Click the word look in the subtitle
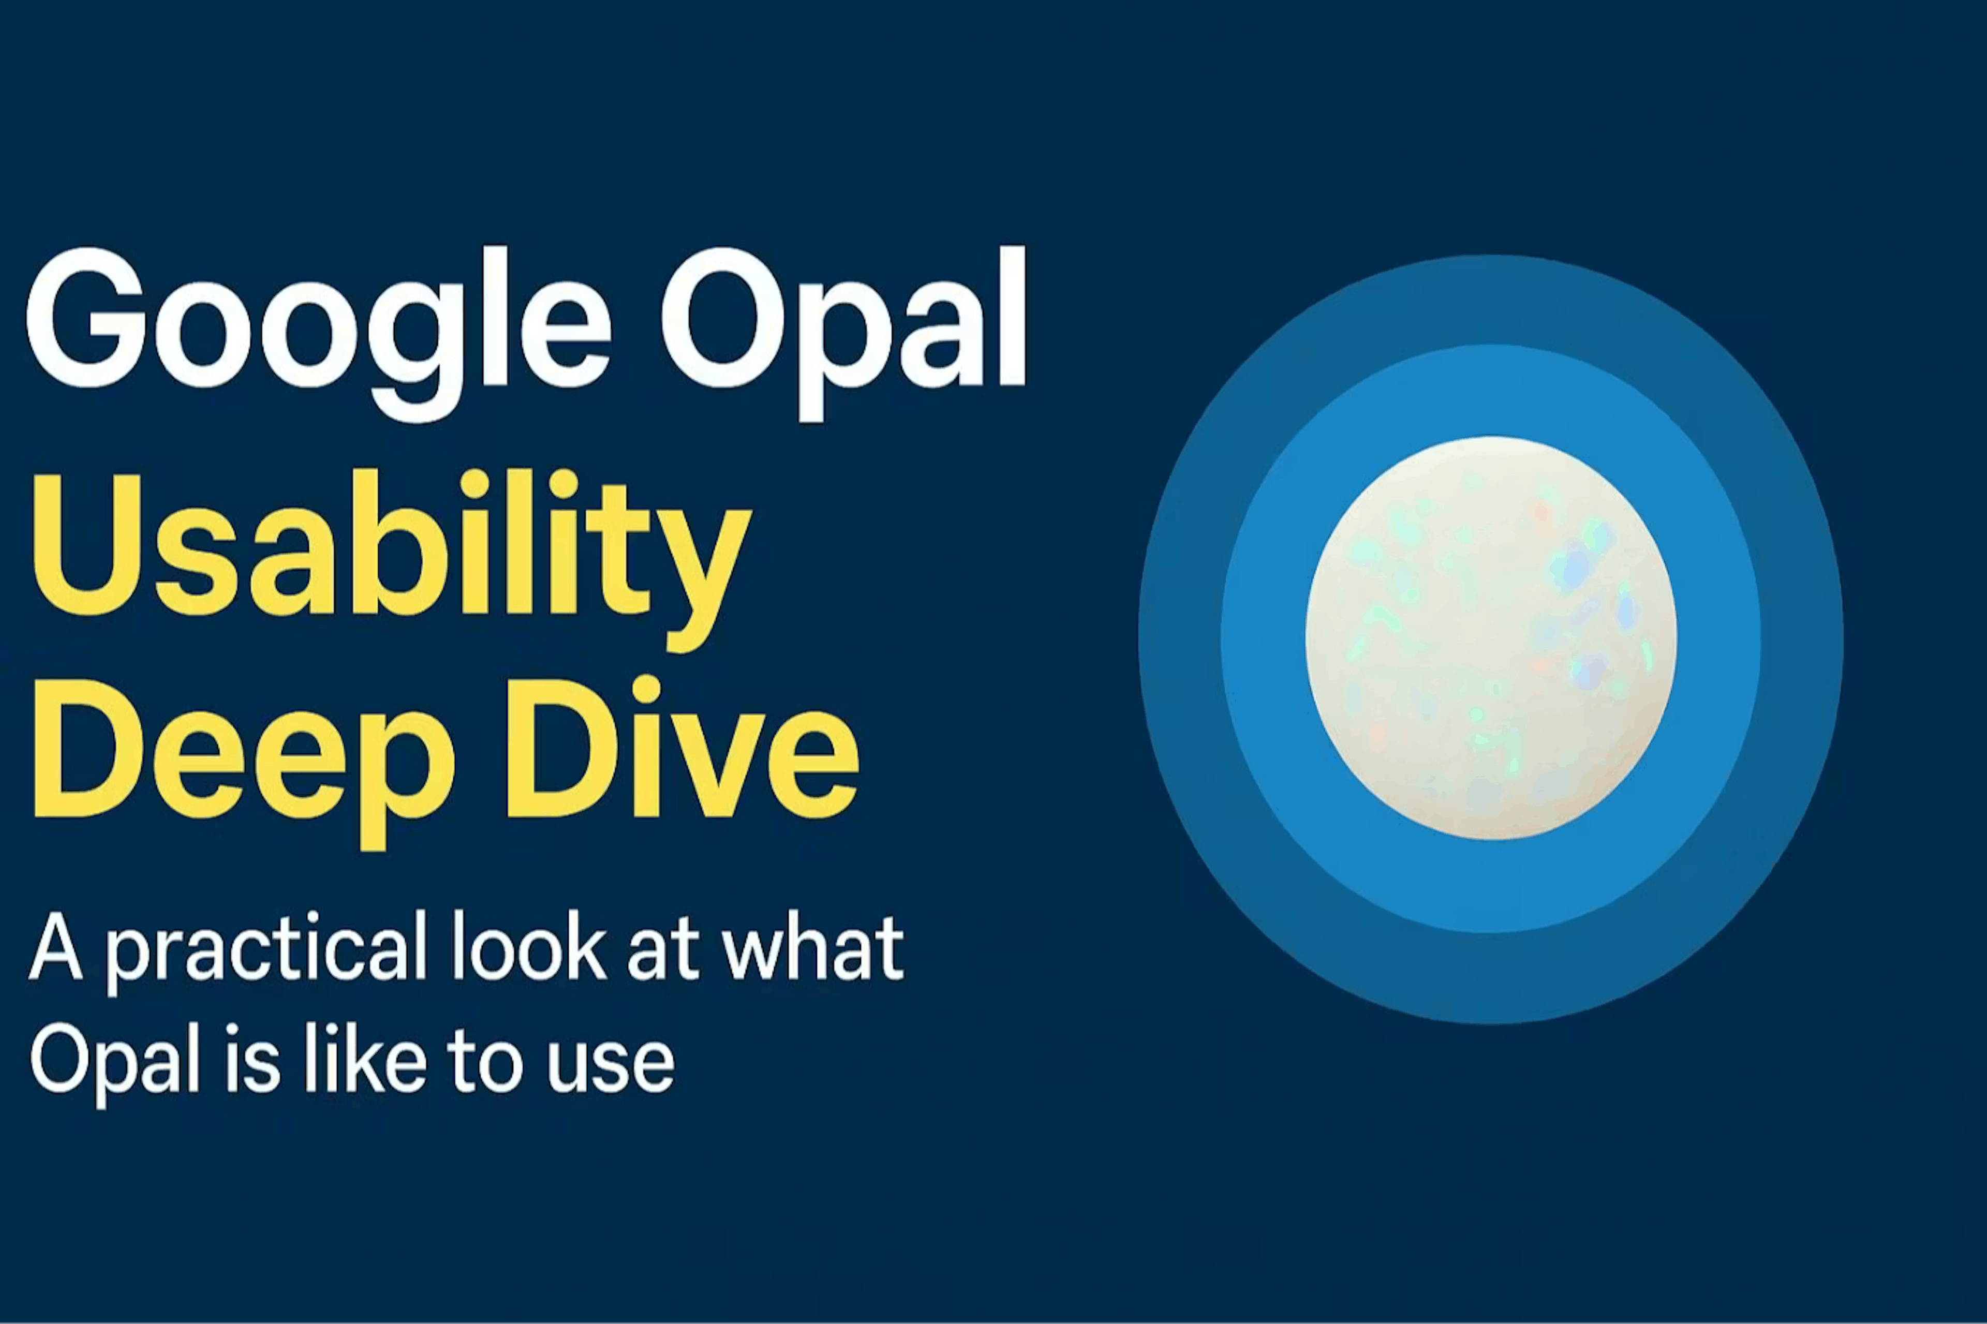tap(528, 946)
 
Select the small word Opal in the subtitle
tap(114, 1062)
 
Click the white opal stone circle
tap(1490, 637)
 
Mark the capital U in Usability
tap(84, 545)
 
